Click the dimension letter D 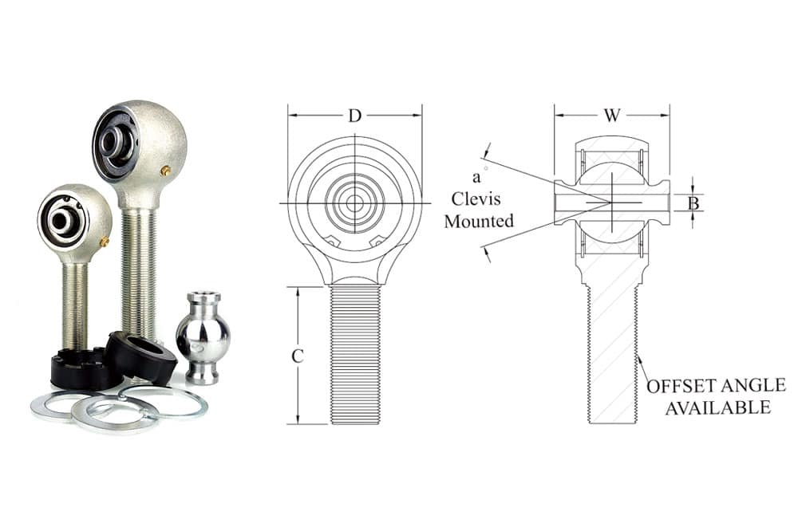[x=355, y=116]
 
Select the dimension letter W [x=612, y=116]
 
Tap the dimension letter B [x=693, y=203]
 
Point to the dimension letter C [x=298, y=356]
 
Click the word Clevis [x=476, y=199]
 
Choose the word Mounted [x=479, y=222]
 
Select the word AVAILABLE [x=717, y=407]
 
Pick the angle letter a [x=476, y=178]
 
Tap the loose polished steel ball [x=203, y=336]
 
